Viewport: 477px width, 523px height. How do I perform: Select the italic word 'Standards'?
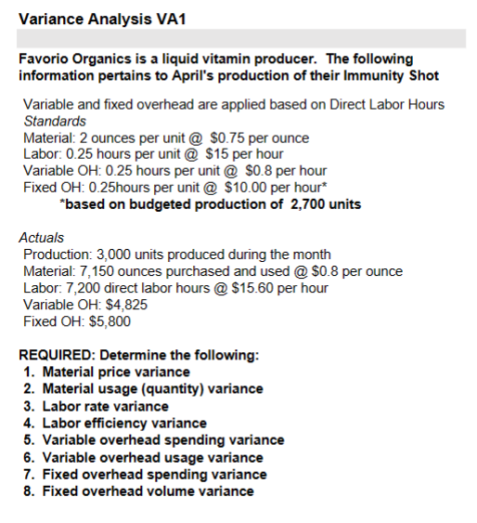tap(55, 121)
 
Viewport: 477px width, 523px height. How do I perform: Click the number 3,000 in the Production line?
tap(110, 255)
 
